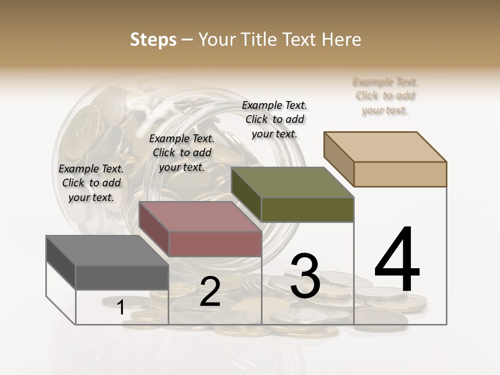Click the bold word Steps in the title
point(153,40)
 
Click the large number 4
point(397,260)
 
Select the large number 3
point(305,276)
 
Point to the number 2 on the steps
point(210,292)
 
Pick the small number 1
point(120,308)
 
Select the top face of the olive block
point(292,182)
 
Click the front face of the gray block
point(122,277)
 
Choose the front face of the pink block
point(215,244)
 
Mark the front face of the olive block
point(307,209)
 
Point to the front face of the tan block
point(400,174)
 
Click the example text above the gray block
point(91,183)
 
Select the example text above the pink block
point(182,153)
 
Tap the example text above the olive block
point(274,119)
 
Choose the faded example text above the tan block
point(385,96)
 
